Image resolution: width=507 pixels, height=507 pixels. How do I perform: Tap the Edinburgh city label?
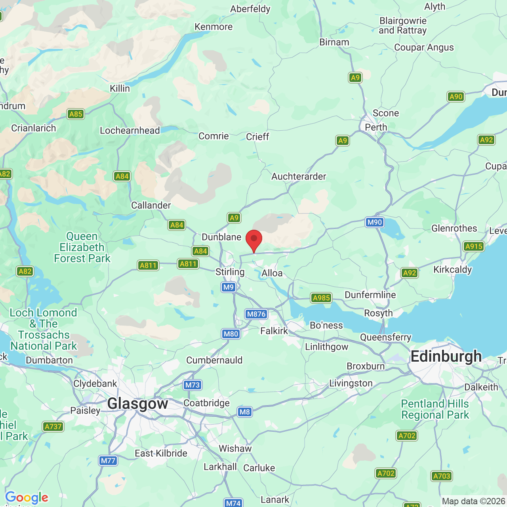[x=446, y=356]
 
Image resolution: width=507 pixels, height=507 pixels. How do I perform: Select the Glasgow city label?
[x=137, y=404]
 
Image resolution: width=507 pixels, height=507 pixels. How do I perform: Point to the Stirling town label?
[x=230, y=272]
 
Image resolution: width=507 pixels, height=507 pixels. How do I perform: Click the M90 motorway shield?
[x=374, y=222]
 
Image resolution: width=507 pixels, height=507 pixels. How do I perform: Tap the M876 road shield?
[x=256, y=314]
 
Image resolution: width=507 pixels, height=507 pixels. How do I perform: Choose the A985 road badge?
[x=321, y=298]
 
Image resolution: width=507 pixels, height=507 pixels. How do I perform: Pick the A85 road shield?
[x=76, y=114]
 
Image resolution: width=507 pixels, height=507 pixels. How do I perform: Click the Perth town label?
[x=376, y=127]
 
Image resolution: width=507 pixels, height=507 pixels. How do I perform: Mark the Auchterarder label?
[x=299, y=176]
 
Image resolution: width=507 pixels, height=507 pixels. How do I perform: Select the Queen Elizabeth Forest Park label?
[x=82, y=248]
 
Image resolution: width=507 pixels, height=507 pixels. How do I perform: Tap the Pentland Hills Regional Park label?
[x=435, y=409]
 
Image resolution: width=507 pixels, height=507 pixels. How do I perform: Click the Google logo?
[x=27, y=497]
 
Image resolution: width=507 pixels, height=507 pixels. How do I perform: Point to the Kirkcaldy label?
[x=452, y=270]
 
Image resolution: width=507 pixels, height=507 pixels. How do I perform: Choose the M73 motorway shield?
[x=193, y=385]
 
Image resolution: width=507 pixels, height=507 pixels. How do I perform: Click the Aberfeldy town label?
[x=250, y=9]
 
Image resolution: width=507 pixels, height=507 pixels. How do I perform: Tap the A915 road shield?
[x=474, y=246]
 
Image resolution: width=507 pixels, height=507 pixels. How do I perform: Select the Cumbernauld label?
[x=214, y=360]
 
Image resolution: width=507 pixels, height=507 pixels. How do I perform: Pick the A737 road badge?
[x=53, y=427]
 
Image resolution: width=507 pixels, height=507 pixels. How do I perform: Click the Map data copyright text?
[x=474, y=501]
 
